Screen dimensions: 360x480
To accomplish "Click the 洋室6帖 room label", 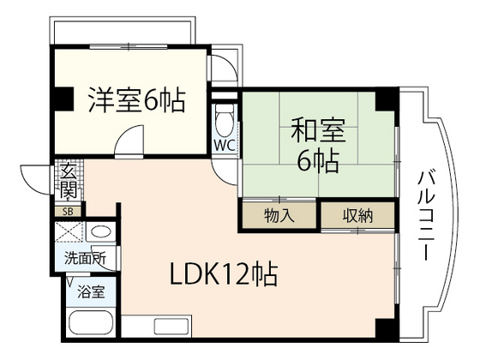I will (135, 101).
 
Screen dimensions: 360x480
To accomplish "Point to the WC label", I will (224, 145).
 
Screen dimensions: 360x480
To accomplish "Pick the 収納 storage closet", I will (359, 215).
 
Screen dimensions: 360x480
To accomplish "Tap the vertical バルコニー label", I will (424, 214).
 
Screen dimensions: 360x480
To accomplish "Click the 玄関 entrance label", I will (68, 182).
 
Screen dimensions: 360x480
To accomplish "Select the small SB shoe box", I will (67, 211).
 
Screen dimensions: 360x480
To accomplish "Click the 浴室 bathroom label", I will (90, 291).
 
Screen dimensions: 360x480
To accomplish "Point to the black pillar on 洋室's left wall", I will (61, 99).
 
